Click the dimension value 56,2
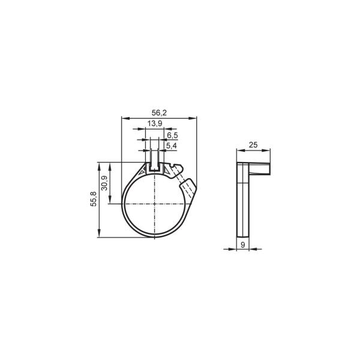pyautogui.click(x=159, y=113)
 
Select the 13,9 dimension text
pyautogui.click(x=155, y=124)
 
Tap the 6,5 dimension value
pyautogui.click(x=172, y=136)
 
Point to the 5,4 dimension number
pyautogui.click(x=172, y=146)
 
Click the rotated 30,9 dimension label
pyautogui.click(x=104, y=183)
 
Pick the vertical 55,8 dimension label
pyautogui.click(x=94, y=199)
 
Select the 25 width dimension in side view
pyautogui.click(x=253, y=145)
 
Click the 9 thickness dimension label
pyautogui.click(x=242, y=245)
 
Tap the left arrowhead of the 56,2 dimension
pyautogui.click(x=125, y=118)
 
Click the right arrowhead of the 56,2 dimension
pyautogui.click(x=193, y=118)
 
